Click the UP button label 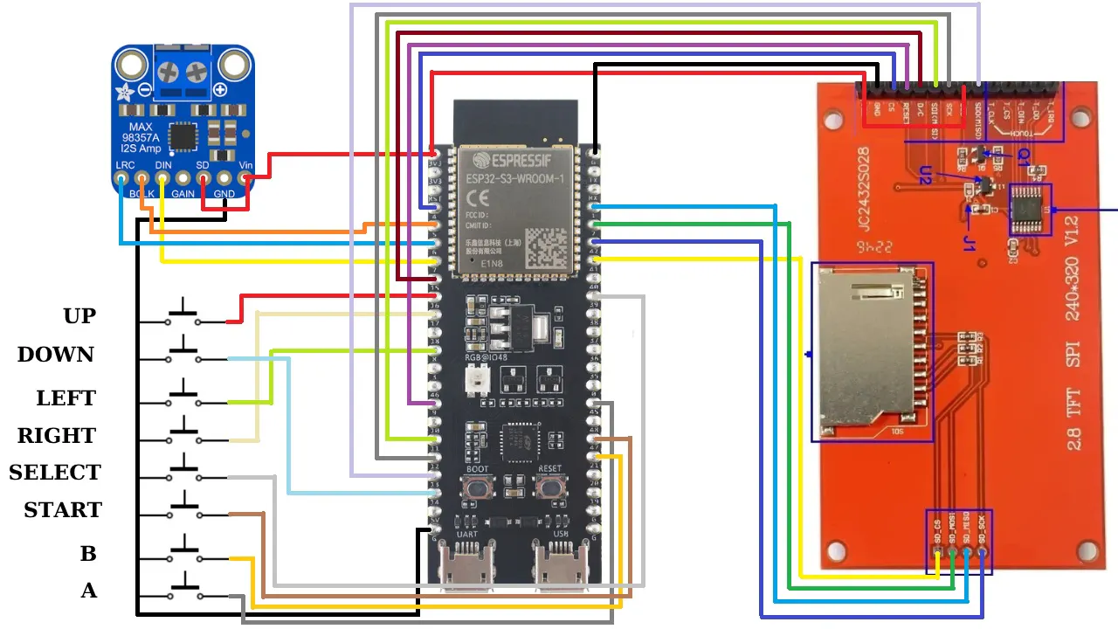click(79, 316)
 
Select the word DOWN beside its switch click(55, 355)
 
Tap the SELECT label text click(55, 473)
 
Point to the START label click(63, 510)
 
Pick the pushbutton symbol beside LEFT click(183, 396)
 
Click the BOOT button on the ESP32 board click(478, 488)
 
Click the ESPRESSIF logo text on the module click(513, 161)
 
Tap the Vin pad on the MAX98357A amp click(247, 179)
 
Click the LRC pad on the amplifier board click(121, 179)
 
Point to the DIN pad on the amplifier click(162, 179)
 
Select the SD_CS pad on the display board click(938, 551)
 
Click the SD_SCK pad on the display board click(982, 551)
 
